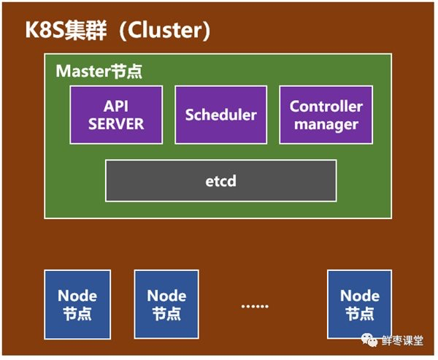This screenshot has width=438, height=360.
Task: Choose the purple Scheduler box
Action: coord(220,115)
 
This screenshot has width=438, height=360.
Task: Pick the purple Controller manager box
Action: coord(326,115)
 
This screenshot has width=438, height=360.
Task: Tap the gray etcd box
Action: coord(220,180)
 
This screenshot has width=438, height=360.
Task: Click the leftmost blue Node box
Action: coord(77,304)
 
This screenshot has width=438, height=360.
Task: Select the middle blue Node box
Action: coord(166,304)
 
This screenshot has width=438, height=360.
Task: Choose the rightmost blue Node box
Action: coord(359,304)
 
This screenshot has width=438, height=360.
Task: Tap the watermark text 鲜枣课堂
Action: coord(404,341)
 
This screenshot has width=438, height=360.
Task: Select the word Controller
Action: coord(326,106)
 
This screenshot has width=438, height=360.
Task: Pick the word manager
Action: coord(326,124)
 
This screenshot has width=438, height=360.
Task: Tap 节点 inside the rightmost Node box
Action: coord(359,314)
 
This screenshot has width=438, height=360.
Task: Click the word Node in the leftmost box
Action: coord(77,296)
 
